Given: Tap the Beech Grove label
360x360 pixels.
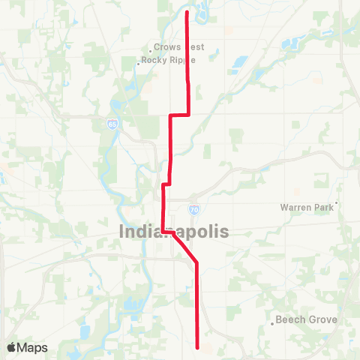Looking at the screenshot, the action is coord(307,319).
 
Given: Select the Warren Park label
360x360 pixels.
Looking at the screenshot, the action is coord(306,207).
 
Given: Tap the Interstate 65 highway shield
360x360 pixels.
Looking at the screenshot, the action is coord(112,124).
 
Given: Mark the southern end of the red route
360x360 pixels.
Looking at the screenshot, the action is coord(197,347).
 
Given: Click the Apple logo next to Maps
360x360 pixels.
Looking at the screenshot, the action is coord(11,347).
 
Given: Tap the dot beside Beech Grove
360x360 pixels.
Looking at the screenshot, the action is coord(273,324).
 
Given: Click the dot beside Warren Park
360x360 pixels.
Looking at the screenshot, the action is coord(337,202).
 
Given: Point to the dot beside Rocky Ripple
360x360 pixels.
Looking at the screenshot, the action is coord(139,64).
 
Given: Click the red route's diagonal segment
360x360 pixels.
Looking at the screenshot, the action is coord(184,248).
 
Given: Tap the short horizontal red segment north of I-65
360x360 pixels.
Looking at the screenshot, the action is coord(179,115).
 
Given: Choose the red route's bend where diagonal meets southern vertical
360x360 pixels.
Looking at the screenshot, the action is coord(196,263).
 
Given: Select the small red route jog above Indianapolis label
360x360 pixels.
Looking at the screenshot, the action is coord(166,183).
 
